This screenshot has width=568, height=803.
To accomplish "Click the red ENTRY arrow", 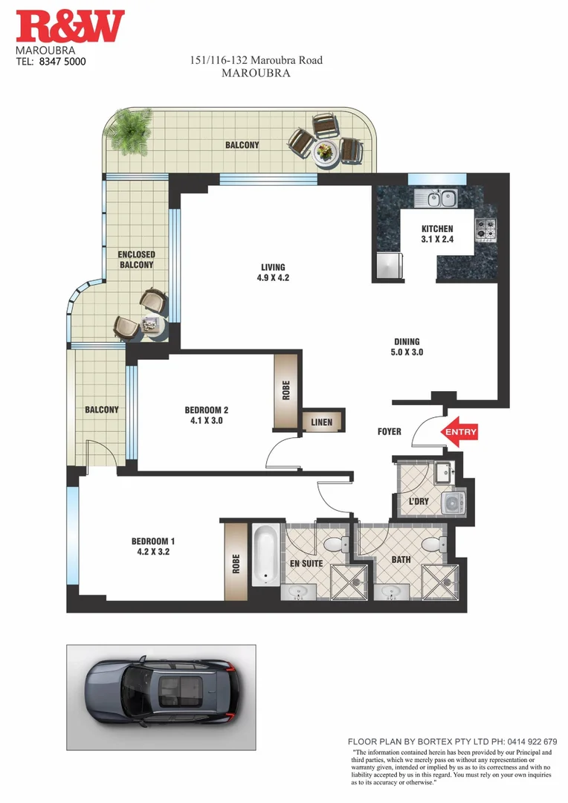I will coord(459,432).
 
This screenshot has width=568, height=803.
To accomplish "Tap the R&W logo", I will coord(71,27).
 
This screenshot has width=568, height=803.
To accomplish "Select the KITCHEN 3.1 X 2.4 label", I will coord(436,234).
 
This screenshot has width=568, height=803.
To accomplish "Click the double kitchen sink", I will coord(436,199).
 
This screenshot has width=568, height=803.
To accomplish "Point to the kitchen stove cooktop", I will coord(486,228).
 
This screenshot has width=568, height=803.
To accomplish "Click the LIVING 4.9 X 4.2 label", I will coord(273,273).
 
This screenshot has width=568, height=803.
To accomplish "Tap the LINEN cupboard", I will coord(322,422).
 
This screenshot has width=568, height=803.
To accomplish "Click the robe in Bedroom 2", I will coord(285,390).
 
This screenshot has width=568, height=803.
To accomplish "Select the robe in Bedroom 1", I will coord(236,561).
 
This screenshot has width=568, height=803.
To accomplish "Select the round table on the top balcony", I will coord(326,152).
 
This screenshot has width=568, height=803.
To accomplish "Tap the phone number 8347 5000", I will coord(62,62).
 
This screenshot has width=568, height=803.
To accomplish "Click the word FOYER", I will coord(389,431).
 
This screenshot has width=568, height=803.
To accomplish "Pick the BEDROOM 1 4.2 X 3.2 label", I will coord(152,546).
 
